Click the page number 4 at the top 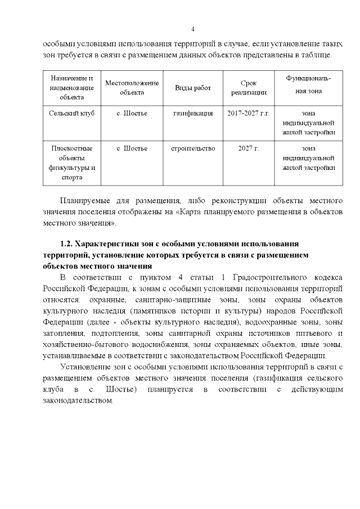(192, 29)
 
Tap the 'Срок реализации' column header (248, 88)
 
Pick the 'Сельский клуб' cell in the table (72, 113)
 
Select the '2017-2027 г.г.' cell (248, 113)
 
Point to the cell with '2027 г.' (248, 148)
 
